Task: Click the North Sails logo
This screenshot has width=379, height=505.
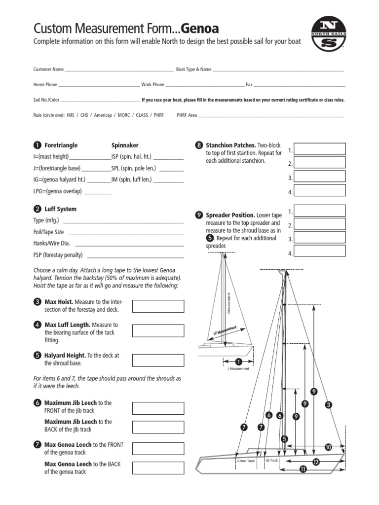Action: pos(328,32)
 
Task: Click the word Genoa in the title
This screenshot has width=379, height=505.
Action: pos(200,28)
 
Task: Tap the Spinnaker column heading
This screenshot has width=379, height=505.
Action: pos(125,145)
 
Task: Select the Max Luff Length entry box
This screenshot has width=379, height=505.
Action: pos(158,330)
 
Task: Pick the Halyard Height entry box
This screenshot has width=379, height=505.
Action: pos(158,360)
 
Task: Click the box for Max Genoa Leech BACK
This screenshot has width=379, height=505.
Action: pos(158,468)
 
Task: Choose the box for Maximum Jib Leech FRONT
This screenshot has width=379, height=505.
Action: pos(158,408)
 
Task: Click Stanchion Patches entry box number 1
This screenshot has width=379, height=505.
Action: pos(320,149)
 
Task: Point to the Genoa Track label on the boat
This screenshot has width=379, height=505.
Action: pos(246,461)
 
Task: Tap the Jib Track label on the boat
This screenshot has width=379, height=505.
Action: pos(272,460)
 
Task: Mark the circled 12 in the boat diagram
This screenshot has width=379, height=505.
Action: pos(316,462)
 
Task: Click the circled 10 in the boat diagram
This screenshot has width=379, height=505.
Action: pos(328,447)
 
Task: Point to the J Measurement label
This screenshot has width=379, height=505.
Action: pos(238,368)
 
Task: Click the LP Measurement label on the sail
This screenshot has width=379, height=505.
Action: pos(225,331)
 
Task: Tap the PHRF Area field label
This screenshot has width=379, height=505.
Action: pos(187,115)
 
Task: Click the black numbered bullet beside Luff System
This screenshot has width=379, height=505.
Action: pos(37,209)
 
